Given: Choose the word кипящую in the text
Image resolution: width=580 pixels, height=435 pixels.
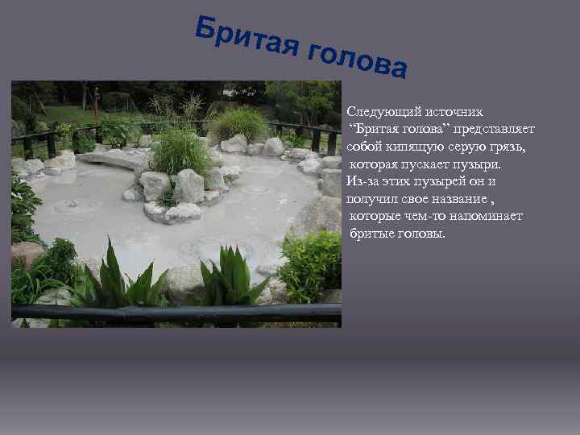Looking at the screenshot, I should [x=418, y=147].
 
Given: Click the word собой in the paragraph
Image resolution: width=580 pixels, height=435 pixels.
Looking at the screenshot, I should [x=366, y=147].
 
